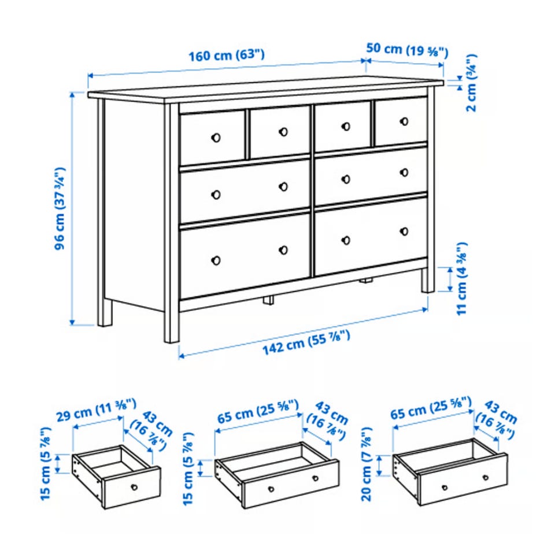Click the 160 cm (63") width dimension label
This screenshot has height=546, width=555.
[x=227, y=56]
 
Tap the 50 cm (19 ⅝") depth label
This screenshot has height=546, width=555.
[x=407, y=50]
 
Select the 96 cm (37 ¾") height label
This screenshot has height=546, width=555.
[x=60, y=209]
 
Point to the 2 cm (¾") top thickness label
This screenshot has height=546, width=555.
[x=471, y=83]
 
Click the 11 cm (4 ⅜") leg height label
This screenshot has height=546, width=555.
[x=461, y=279]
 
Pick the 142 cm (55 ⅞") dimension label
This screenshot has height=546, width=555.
[x=306, y=342]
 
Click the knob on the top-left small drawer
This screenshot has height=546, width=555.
[x=216, y=138]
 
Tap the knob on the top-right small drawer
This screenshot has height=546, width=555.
[x=404, y=121]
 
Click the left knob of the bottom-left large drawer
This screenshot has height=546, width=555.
[x=216, y=261]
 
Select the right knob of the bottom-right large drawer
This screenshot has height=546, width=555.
[x=404, y=231]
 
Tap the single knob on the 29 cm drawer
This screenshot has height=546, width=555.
[x=134, y=487]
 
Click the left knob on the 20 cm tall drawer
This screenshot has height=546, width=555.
[x=445, y=487]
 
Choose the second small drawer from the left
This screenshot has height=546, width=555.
[x=280, y=132]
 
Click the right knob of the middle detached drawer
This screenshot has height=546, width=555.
[x=315, y=478]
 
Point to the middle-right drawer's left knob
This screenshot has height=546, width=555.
[x=346, y=179]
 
